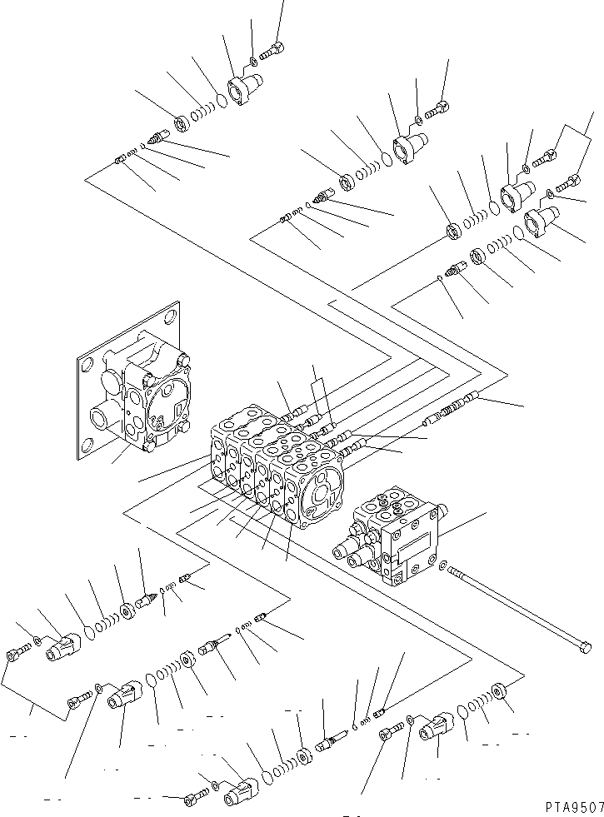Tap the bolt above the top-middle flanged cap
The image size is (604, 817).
click(438, 108)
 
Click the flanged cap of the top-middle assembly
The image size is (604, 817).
click(409, 147)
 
